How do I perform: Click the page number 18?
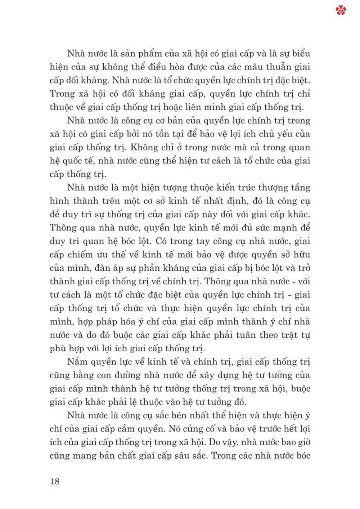tap(55, 481)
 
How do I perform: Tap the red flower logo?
tap(341, 10)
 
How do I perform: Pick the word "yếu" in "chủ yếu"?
tap(285, 134)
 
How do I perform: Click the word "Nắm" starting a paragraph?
tap(77, 362)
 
